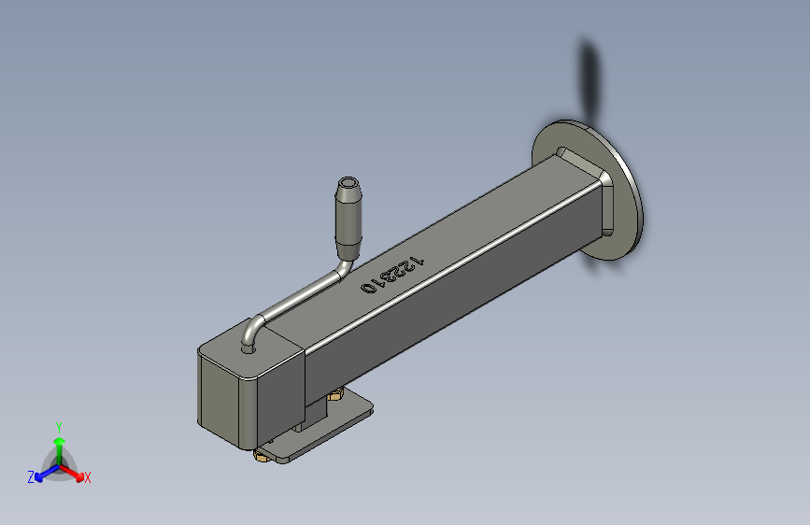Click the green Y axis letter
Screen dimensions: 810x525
pyautogui.click(x=59, y=428)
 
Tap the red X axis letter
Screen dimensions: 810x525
pyautogui.click(x=87, y=477)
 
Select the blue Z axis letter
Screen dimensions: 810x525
pyautogui.click(x=31, y=477)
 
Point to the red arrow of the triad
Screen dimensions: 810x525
pyautogui.click(x=72, y=473)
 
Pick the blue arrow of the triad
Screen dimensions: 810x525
pyautogui.click(x=47, y=473)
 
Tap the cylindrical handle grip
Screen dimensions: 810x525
pyautogui.click(x=348, y=218)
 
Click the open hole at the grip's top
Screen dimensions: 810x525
pyautogui.click(x=348, y=182)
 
